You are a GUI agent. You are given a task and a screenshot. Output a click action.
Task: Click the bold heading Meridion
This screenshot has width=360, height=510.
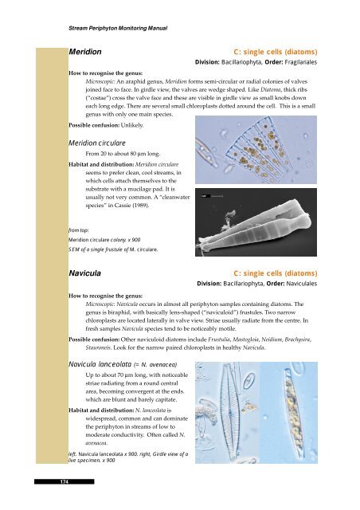pos(85,52)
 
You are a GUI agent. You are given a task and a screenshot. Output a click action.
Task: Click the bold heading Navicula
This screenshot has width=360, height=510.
pos(84,273)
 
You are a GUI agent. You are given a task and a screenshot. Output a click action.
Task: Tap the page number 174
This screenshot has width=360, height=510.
pos(64,481)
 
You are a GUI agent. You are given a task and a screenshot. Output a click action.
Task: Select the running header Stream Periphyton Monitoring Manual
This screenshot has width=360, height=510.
pos(118,29)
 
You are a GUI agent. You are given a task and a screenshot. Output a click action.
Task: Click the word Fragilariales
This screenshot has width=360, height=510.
pos(300,62)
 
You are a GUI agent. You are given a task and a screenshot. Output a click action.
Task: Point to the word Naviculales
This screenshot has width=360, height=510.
pos(302,284)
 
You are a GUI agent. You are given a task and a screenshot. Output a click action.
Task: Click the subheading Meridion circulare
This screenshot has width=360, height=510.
pos(97,143)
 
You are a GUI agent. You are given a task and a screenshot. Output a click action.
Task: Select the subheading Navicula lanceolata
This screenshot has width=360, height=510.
pos(100,364)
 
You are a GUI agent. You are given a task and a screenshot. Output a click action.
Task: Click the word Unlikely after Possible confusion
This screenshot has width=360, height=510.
pos(132,125)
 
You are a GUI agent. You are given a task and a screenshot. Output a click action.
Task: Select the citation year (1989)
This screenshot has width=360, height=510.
pos(140,206)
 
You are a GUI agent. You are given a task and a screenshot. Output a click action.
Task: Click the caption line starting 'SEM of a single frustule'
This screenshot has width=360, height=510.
pos(113,249)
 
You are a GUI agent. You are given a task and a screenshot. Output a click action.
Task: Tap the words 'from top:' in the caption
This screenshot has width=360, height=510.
pos(78,230)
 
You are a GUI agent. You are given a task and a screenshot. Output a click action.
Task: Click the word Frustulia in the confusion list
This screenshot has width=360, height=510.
pos(219,339)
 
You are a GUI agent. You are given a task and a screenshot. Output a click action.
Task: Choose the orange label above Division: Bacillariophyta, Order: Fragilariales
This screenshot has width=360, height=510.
pos(275,52)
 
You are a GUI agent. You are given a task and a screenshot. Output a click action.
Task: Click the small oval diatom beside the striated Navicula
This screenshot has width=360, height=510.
pos(248,381)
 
